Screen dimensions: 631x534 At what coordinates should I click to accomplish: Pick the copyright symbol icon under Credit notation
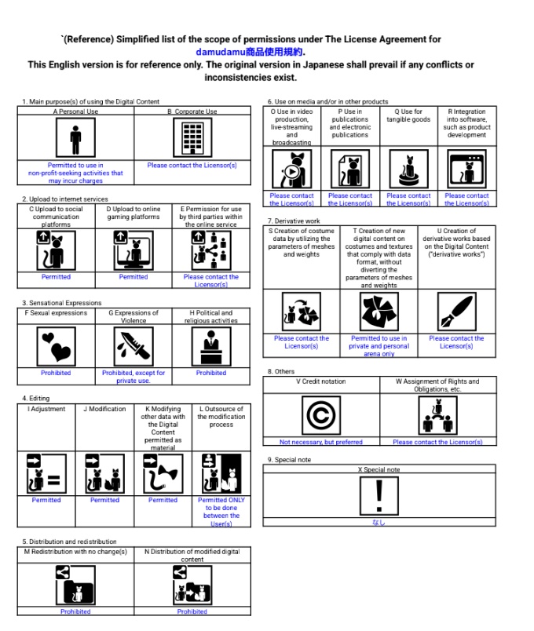coord(320,414)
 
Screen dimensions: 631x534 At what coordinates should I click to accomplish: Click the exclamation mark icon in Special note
coord(379,495)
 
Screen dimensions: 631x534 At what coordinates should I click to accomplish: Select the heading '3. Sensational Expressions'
coord(62,303)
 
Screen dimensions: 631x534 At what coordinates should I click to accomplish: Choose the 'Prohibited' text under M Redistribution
coord(75,611)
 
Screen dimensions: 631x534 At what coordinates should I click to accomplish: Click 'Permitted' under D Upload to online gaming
coord(133,277)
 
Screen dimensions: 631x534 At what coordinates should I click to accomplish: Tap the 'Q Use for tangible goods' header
coord(408,116)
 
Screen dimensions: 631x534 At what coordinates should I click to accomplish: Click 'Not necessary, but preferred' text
coord(320,442)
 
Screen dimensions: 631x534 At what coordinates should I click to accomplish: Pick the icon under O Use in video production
coord(291,170)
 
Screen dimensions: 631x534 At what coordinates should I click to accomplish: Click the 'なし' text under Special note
coord(379,522)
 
